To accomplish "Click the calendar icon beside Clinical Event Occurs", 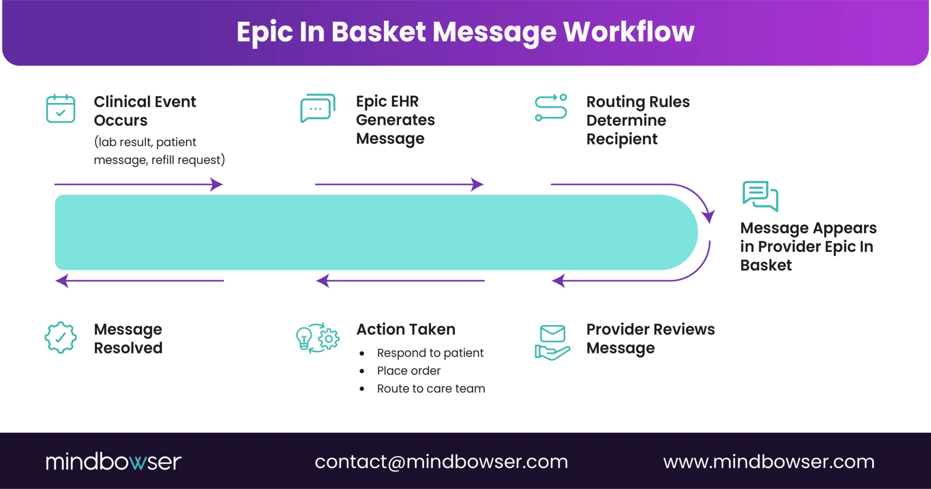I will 61,109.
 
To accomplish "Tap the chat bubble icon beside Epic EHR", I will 318,108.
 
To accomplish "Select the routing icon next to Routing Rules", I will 551,108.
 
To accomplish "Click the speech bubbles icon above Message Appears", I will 760,196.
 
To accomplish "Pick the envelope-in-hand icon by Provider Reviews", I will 552,342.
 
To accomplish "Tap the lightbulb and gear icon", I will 318,338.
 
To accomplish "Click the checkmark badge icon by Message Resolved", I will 61,338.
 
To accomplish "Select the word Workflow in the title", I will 628,32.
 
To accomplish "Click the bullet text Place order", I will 409,371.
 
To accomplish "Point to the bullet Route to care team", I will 431,389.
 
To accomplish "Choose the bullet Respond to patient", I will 430,353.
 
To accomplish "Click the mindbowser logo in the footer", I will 113,461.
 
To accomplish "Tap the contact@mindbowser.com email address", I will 441,461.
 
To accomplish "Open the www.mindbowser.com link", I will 769,461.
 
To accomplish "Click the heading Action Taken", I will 406,329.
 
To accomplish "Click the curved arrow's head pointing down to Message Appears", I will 708,216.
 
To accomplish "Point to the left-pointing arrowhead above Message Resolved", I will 62,280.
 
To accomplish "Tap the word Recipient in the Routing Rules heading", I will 622,139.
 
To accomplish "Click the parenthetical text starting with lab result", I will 159,151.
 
